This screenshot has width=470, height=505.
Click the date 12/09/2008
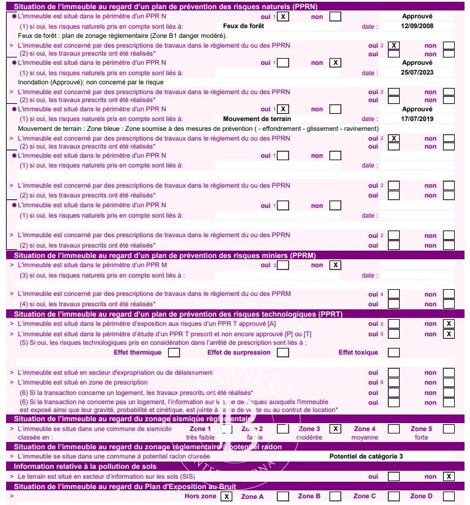(x=417, y=27)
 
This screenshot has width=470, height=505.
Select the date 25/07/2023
(x=417, y=73)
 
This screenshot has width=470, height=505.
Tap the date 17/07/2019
(x=417, y=119)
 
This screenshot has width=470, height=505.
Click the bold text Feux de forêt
(x=243, y=27)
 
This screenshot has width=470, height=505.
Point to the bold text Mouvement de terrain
(x=257, y=119)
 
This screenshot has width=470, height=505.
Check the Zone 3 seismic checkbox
(x=336, y=429)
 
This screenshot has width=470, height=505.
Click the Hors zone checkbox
(x=227, y=496)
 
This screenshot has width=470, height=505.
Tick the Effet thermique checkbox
(x=174, y=352)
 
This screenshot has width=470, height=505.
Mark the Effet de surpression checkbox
(x=284, y=352)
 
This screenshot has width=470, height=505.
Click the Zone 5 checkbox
(x=449, y=429)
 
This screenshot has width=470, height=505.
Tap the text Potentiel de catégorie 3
(x=366, y=456)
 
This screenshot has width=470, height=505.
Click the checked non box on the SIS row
(x=449, y=476)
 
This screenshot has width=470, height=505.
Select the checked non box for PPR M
(x=336, y=265)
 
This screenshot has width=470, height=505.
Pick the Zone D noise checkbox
(x=449, y=496)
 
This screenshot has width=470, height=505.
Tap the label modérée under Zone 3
(x=310, y=437)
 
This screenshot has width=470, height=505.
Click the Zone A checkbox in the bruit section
(x=283, y=496)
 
